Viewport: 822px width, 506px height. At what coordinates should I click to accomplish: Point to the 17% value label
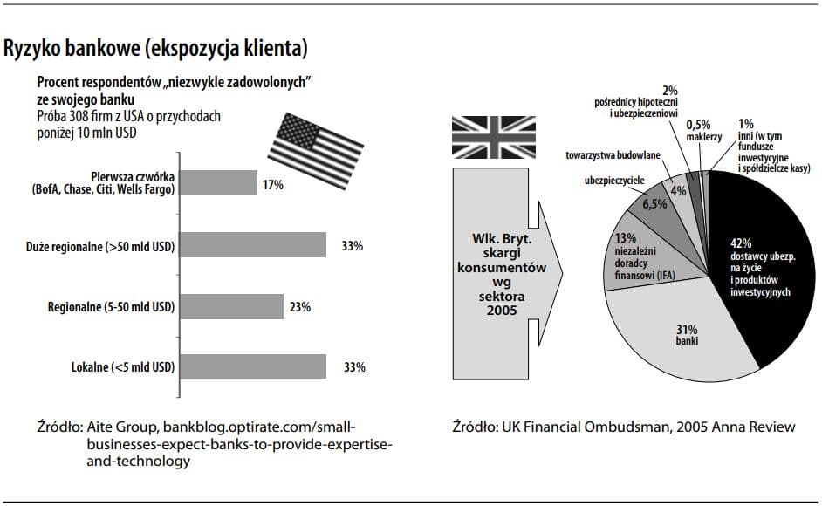(x=271, y=186)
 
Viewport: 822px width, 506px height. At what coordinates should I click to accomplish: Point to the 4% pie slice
(x=679, y=188)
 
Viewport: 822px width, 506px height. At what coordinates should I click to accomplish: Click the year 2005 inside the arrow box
(x=502, y=311)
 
